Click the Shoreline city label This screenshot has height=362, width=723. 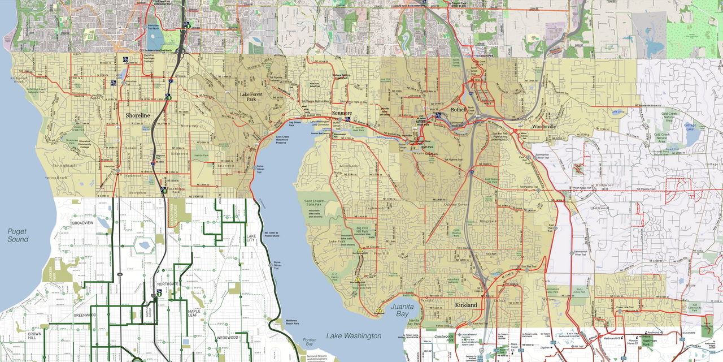[x=138, y=115]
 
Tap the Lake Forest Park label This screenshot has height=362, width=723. [x=251, y=97]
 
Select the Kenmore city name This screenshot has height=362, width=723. [x=342, y=113]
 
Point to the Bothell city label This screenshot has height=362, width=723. [x=458, y=109]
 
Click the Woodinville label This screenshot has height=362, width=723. [x=543, y=127]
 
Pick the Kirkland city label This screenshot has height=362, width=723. [x=466, y=305]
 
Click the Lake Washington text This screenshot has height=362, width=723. [x=354, y=336]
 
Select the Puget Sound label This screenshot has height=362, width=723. [x=18, y=235]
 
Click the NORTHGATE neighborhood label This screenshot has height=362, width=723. [x=168, y=284]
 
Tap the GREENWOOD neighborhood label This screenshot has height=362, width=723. [x=84, y=315]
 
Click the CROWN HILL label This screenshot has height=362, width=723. [x=35, y=338]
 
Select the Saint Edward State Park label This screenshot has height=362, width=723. [x=316, y=204]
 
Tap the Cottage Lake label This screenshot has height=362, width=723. [x=691, y=127]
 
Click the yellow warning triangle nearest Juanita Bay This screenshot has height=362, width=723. [x=380, y=311]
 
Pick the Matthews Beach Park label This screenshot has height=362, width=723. [x=293, y=322]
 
